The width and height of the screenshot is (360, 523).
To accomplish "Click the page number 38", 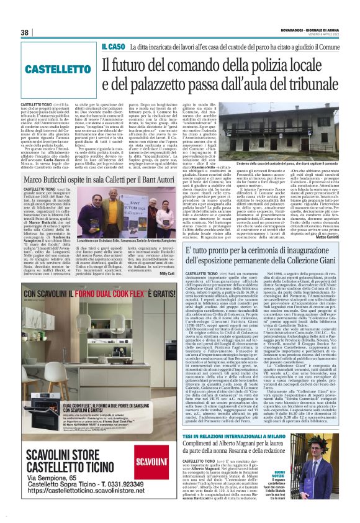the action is click(x=25, y=32).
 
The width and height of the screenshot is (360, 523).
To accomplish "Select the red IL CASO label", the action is click(x=114, y=47).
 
